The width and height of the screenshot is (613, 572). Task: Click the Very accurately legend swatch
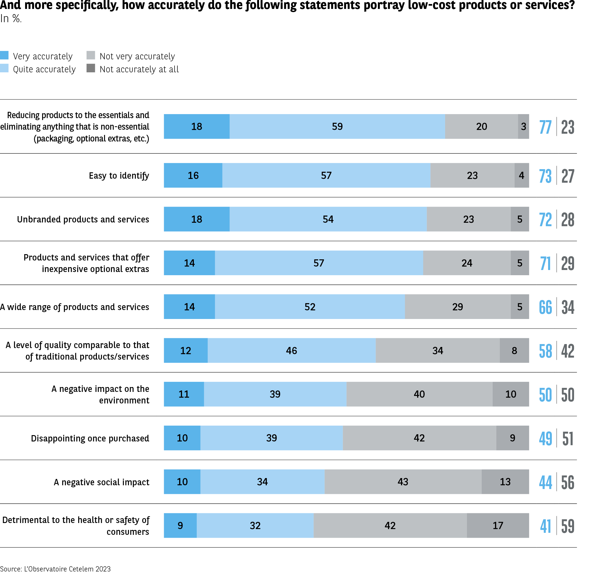click(4, 55)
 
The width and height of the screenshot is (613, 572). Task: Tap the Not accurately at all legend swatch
click(91, 68)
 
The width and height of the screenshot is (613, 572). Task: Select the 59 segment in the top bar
click(337, 126)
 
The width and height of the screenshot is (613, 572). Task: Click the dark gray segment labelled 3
click(523, 126)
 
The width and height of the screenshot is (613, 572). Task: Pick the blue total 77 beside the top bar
click(545, 127)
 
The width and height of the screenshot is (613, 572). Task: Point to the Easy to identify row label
click(119, 175)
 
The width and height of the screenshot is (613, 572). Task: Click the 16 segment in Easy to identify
click(193, 175)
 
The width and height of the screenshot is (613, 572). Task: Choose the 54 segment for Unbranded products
click(328, 219)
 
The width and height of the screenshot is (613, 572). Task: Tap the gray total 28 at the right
click(568, 220)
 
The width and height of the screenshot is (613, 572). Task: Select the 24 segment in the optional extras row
click(467, 263)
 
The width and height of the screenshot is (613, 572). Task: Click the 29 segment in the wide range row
click(458, 307)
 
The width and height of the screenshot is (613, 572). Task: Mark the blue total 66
click(545, 307)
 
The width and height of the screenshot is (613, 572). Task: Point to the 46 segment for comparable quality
click(291, 350)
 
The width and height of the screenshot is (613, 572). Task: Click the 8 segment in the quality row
click(514, 350)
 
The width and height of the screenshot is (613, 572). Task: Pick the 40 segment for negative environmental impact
click(419, 394)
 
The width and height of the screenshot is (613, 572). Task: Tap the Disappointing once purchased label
click(90, 438)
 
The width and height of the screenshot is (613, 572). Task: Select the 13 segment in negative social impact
click(505, 482)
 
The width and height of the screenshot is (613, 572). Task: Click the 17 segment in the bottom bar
click(498, 525)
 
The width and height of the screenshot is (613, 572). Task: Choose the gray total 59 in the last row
click(568, 526)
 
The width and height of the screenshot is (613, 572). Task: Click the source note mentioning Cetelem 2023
click(55, 569)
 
